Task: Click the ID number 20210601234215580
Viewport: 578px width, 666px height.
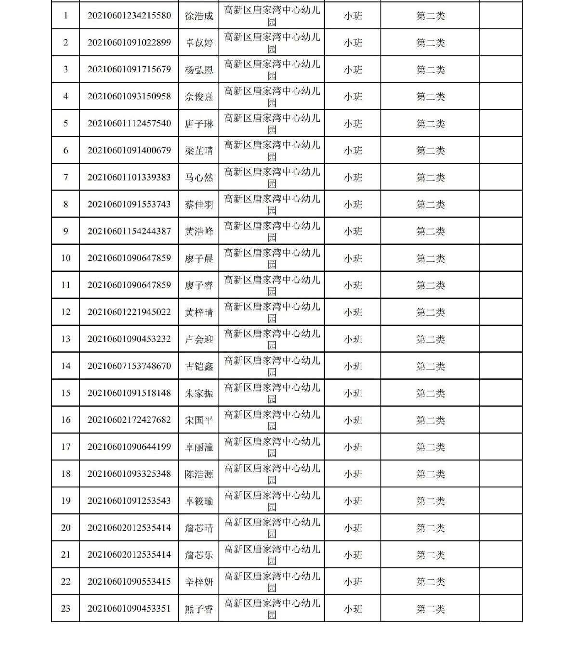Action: pyautogui.click(x=129, y=15)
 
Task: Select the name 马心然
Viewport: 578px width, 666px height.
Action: pyautogui.click(x=199, y=177)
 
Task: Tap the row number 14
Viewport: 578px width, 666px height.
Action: pyautogui.click(x=66, y=366)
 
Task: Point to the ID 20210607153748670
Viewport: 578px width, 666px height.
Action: pyautogui.click(x=129, y=366)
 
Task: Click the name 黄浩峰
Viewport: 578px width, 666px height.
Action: pyautogui.click(x=199, y=231)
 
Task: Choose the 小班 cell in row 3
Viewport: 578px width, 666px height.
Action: pyautogui.click(x=353, y=69)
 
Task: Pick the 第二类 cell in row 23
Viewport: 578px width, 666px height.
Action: pyautogui.click(x=430, y=608)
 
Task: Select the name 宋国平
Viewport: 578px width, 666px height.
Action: pyautogui.click(x=199, y=420)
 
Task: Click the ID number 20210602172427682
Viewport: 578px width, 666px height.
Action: pyautogui.click(x=129, y=420)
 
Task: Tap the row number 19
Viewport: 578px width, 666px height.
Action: pyautogui.click(x=66, y=500)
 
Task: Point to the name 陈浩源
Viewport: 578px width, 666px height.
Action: pyautogui.click(x=199, y=474)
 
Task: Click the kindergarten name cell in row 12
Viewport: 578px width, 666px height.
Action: pyautogui.click(x=272, y=312)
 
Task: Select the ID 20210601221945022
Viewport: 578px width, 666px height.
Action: pyautogui.click(x=129, y=312)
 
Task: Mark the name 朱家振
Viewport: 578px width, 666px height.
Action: pyautogui.click(x=199, y=393)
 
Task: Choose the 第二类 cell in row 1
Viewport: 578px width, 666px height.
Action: pyautogui.click(x=430, y=15)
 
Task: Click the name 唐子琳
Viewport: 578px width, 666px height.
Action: pyautogui.click(x=199, y=123)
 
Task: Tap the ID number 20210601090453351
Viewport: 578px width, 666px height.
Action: pyautogui.click(x=129, y=608)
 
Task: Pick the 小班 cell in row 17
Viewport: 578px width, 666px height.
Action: pyautogui.click(x=353, y=447)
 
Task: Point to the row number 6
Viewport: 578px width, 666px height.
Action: pyautogui.click(x=66, y=150)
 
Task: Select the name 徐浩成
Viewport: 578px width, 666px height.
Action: pyautogui.click(x=199, y=15)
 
